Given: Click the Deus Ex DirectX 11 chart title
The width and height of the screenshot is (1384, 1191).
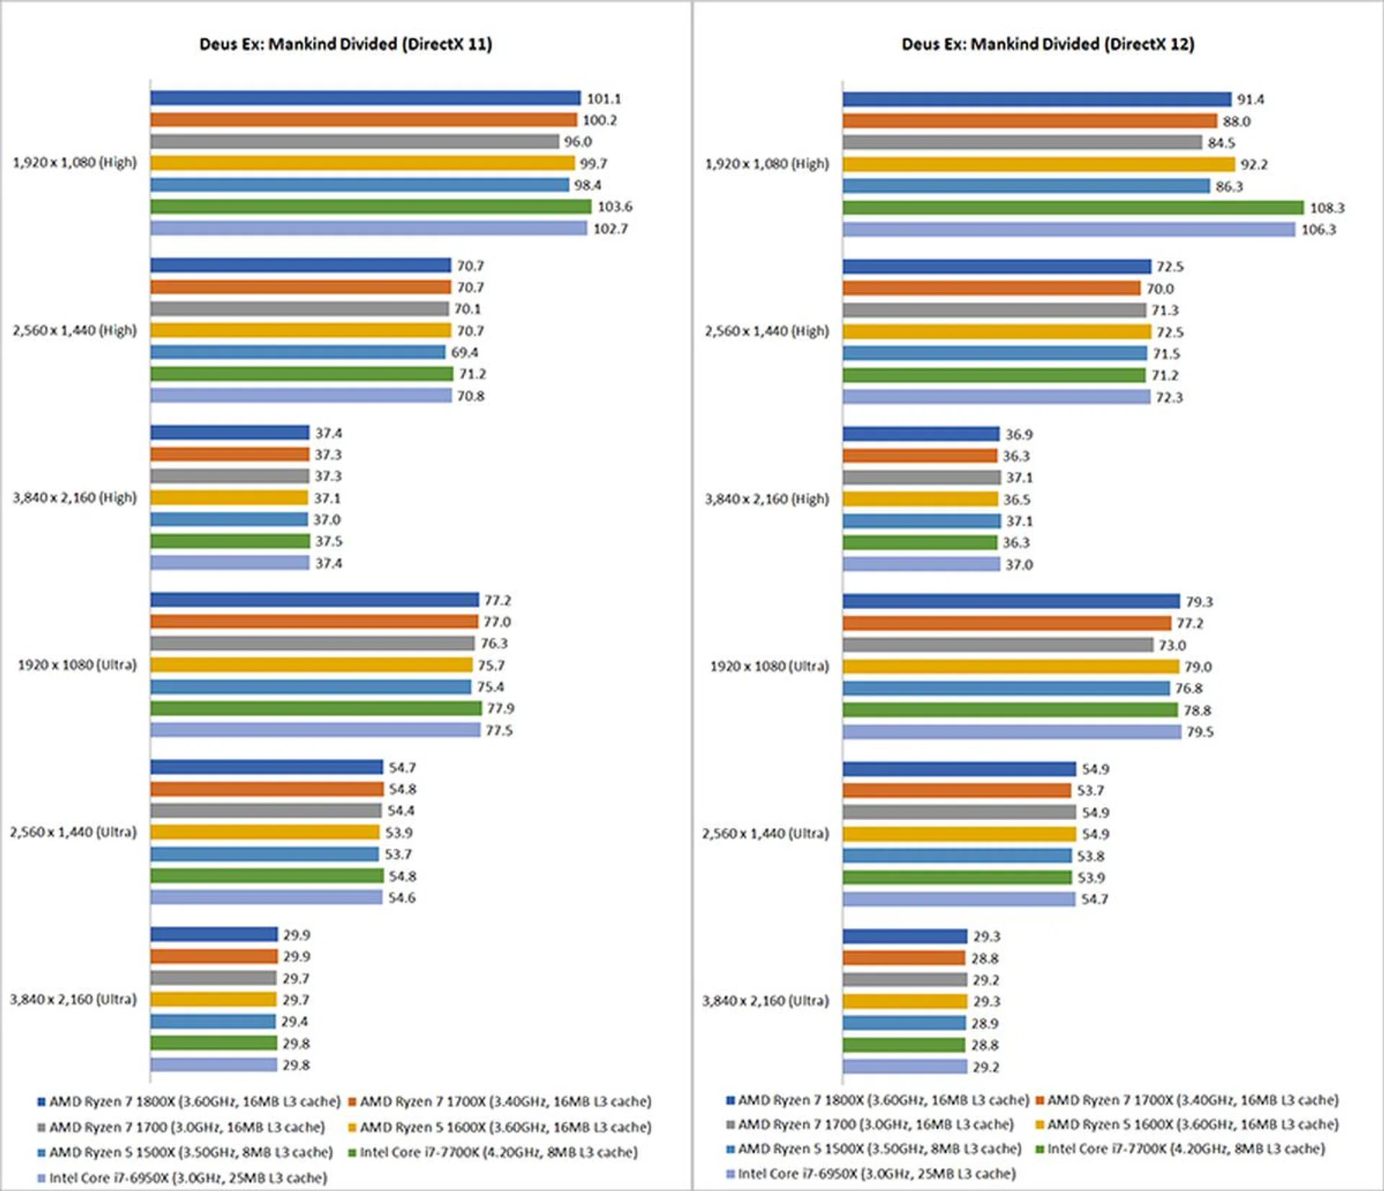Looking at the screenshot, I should [345, 44].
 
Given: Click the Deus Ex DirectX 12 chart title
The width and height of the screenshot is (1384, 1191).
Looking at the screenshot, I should [1047, 44].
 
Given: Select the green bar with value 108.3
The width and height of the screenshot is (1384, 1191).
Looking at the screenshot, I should [1073, 208].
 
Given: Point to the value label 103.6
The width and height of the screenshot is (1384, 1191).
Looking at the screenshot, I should [614, 207].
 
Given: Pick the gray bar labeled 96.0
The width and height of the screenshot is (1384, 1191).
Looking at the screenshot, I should [354, 141].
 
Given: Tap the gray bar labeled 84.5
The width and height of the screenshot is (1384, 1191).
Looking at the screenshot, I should [1021, 143].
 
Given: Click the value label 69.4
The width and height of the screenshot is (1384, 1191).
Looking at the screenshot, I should [464, 352].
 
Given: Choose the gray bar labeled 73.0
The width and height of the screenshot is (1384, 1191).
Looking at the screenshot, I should [998, 645].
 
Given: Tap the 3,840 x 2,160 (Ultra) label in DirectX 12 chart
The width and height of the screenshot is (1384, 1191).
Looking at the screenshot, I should [766, 1001].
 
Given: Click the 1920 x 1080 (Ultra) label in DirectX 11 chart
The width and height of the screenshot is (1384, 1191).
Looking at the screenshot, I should [77, 664].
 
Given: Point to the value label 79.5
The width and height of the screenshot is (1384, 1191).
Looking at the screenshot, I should [1199, 732].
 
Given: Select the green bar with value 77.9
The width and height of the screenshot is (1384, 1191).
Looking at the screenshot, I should [316, 708].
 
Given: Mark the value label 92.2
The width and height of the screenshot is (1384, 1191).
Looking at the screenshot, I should [1254, 164].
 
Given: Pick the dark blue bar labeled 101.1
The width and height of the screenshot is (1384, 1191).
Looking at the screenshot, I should [365, 98].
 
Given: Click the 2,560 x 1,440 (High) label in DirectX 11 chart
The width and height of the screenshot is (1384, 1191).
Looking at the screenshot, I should [74, 330].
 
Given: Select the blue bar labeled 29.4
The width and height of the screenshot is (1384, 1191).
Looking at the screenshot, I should [213, 1022].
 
